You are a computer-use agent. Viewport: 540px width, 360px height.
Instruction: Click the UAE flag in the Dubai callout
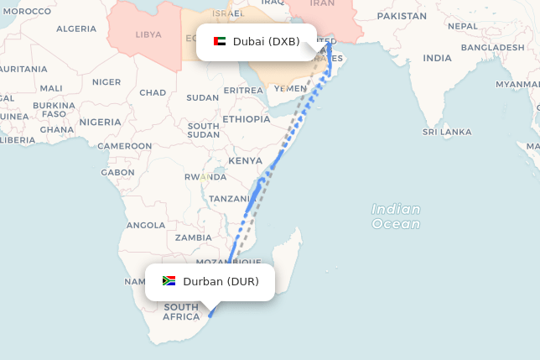220,41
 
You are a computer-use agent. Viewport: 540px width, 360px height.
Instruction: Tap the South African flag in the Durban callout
169,281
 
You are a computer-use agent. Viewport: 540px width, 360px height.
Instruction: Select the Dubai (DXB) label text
266,41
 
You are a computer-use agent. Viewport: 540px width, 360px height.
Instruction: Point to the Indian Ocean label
396,217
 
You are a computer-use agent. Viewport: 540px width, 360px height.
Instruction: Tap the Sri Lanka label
447,132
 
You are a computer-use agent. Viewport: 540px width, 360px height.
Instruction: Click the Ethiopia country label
247,119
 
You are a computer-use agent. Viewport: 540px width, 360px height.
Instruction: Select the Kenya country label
246,160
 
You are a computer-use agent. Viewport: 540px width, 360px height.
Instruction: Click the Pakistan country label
402,16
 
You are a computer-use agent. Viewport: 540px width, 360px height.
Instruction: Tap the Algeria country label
76,29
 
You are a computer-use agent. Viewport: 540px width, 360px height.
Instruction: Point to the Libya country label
148,34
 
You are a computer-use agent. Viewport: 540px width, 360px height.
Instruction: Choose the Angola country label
146,225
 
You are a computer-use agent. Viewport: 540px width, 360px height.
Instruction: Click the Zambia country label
194,237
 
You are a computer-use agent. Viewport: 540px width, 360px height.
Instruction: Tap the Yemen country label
290,88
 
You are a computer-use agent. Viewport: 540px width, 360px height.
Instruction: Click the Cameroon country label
125,146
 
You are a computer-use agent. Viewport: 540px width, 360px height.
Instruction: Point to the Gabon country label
117,172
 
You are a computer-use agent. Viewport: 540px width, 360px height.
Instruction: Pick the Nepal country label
462,26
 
